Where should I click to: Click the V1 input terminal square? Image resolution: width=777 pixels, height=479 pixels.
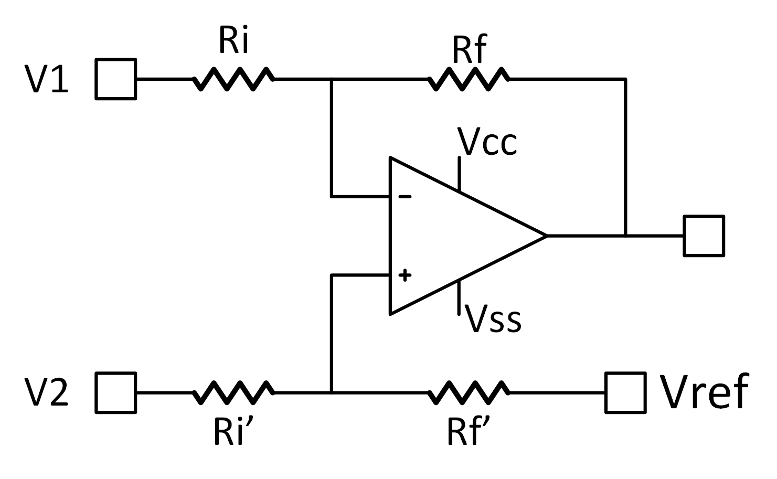(116, 79)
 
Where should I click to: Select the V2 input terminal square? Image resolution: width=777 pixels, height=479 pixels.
(116, 392)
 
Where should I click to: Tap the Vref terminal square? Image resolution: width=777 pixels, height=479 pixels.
(625, 392)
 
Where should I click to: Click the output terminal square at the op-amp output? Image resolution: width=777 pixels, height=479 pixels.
(704, 236)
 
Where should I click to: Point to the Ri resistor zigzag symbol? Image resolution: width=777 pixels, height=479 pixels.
(233, 79)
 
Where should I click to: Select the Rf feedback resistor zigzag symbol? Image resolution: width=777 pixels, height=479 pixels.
(469, 79)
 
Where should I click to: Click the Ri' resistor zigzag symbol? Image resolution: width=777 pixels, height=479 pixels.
(233, 392)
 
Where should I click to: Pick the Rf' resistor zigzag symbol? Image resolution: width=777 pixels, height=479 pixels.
(469, 392)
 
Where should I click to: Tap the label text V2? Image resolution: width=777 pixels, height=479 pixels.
(47, 392)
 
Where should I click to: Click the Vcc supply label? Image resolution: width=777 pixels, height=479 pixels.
(487, 142)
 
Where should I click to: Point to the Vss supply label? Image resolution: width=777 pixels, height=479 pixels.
(494, 319)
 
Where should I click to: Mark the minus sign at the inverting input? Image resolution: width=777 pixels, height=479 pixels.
(405, 197)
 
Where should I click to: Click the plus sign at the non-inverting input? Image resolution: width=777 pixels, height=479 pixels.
(405, 275)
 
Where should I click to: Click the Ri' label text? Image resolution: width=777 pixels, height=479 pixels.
(233, 431)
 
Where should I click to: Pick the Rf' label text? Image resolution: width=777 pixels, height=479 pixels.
(469, 431)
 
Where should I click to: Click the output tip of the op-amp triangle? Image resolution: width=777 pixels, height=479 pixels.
(546, 236)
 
